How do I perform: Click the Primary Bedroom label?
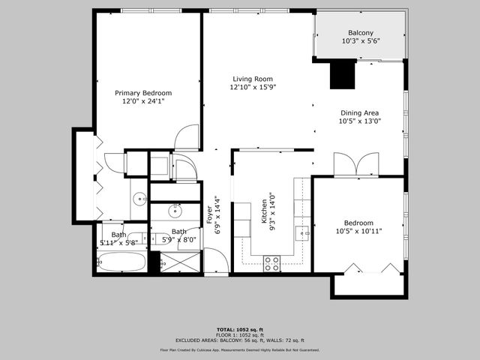(143, 93)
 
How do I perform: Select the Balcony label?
(360, 33)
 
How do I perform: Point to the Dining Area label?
(359, 113)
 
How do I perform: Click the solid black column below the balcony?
(342, 76)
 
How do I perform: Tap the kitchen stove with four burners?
(271, 263)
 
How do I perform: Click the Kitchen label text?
(264, 217)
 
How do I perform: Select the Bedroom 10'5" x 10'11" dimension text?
(359, 231)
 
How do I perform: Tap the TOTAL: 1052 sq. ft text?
(239, 329)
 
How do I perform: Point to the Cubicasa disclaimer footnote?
(239, 349)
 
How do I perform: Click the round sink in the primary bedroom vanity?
(139, 199)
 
